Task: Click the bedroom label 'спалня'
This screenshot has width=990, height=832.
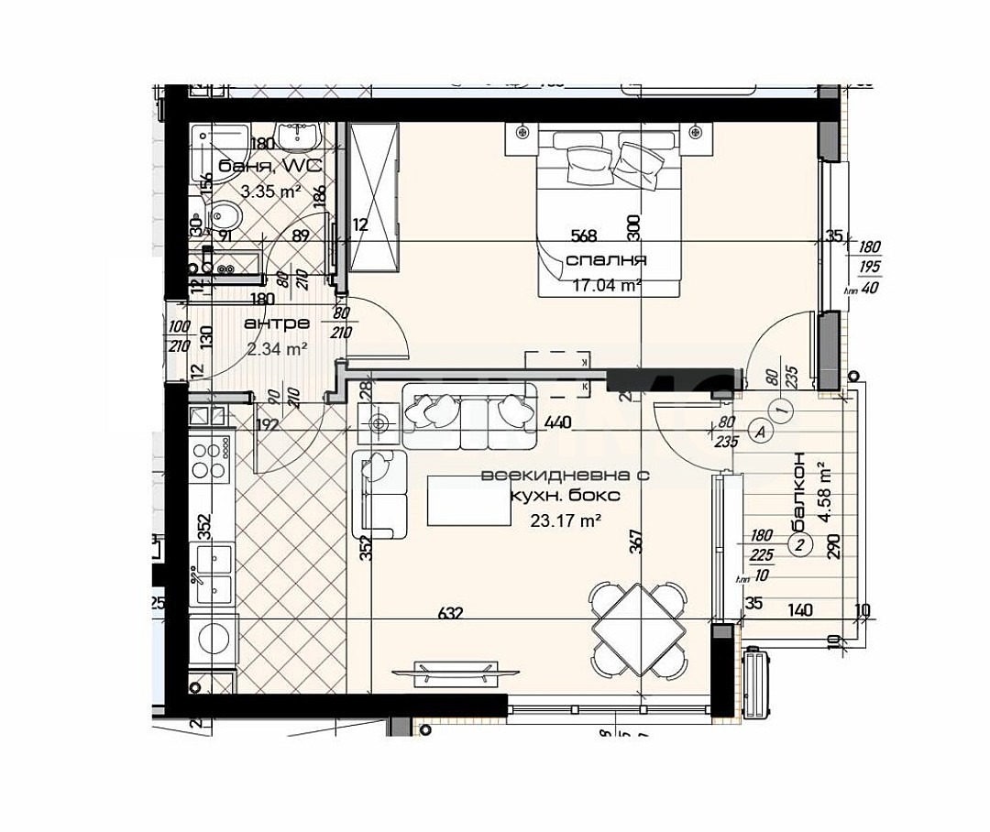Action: pos(606,260)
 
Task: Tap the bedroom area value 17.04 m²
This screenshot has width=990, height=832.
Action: pos(606,285)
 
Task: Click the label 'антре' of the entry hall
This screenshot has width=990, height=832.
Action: pos(277,323)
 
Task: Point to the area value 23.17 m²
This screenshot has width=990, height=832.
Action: pos(566,520)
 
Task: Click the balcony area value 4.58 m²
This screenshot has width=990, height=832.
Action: pos(824,496)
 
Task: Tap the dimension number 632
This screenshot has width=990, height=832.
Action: pos(449,614)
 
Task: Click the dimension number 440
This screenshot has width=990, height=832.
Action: pos(557,422)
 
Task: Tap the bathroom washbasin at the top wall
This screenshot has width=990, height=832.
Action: pos(298,137)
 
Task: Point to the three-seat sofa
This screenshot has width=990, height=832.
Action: pos(468,415)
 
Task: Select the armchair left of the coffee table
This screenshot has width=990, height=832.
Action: pos(379,495)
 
